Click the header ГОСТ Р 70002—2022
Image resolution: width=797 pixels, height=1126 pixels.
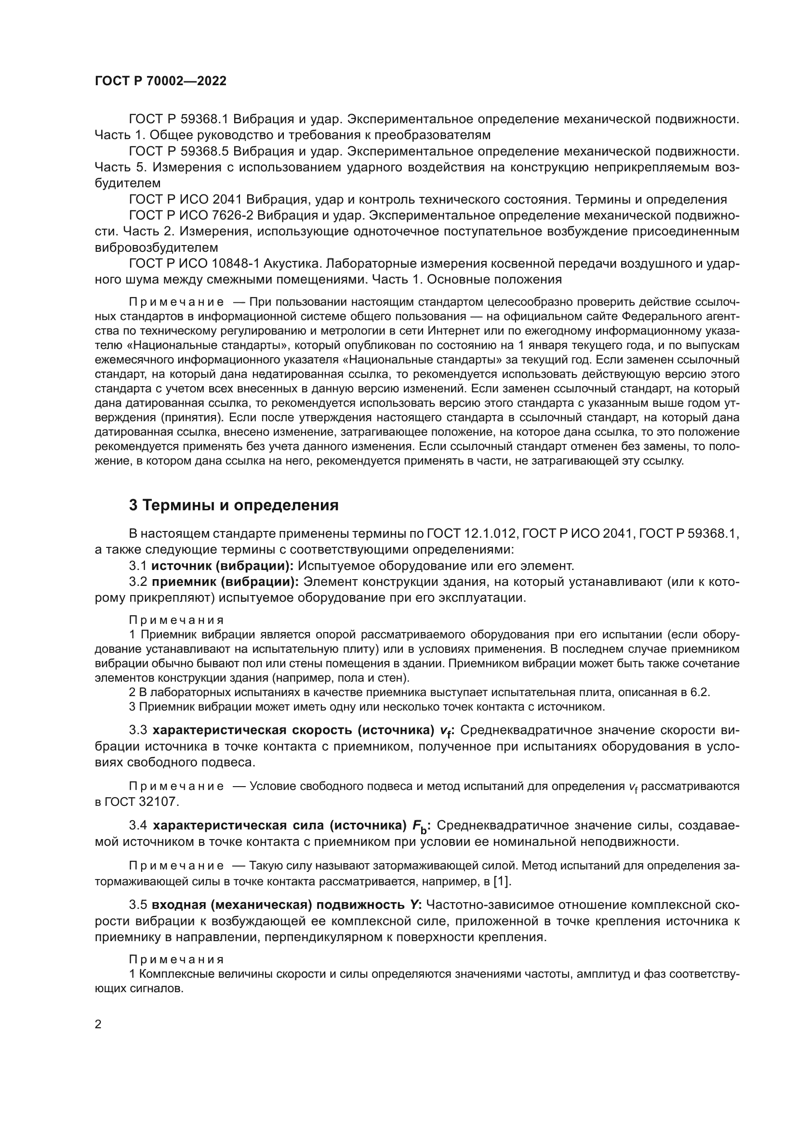tap(160, 81)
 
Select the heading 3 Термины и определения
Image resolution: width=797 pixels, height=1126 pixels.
tap(234, 505)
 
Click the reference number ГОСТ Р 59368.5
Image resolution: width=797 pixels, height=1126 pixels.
tap(178, 152)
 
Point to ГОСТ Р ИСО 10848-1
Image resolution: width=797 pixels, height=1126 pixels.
tap(194, 264)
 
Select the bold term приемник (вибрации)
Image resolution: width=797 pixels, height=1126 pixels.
tap(225, 582)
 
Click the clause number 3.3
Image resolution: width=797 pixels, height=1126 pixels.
tap(138, 730)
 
